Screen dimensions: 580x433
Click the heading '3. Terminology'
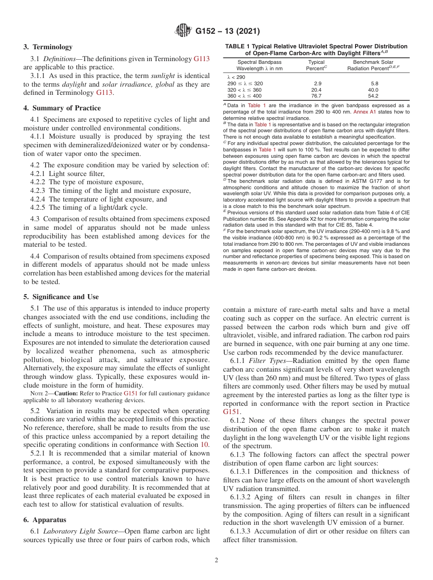coord(48,47)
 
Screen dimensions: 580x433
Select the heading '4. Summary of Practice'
coord(62,108)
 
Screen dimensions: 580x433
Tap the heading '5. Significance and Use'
coord(61,296)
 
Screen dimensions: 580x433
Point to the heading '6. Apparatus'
coord(45,520)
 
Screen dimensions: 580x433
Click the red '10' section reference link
coord(205,431)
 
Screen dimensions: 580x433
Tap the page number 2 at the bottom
coord(216,560)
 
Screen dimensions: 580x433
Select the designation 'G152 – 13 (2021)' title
coord(227,31)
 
